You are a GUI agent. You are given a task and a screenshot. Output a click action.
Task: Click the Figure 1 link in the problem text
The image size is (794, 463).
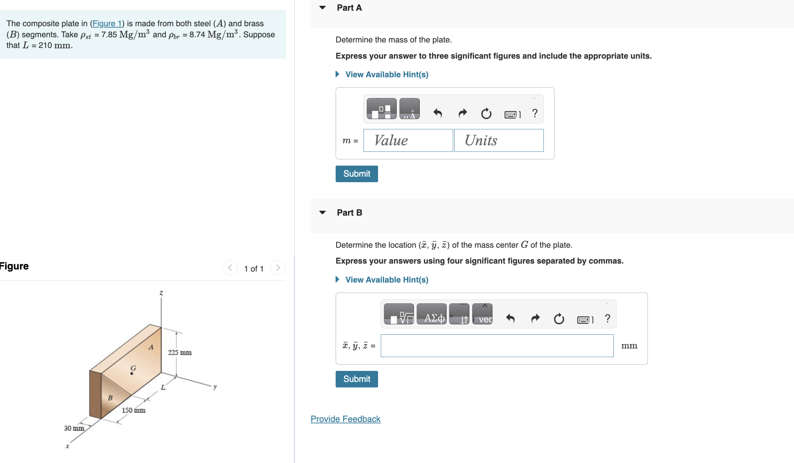pos(107,23)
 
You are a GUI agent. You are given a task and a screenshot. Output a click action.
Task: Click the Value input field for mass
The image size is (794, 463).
pos(408,140)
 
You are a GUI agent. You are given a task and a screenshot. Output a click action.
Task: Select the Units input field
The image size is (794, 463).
pos(499,140)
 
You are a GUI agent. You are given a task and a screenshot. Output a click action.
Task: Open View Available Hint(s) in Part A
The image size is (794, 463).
pos(386,75)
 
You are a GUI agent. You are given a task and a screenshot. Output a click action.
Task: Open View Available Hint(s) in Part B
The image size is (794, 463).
pos(386,280)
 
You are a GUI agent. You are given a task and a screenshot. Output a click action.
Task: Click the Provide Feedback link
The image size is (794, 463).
pos(345,419)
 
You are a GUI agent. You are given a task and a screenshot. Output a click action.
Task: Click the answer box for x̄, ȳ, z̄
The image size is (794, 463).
pos(497,346)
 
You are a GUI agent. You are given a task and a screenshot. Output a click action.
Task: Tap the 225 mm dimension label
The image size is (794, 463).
pos(180,353)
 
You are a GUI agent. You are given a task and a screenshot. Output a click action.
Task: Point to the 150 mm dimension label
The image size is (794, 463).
pos(133,410)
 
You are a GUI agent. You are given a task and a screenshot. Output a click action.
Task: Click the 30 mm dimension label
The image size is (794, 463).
pos(74,428)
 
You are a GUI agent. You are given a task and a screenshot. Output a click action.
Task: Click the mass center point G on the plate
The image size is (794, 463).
pos(132,373)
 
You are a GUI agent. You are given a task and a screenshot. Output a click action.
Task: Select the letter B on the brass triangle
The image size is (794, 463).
pos(110,398)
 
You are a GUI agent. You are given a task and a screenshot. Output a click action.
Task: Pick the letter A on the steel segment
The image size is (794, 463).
pos(151,347)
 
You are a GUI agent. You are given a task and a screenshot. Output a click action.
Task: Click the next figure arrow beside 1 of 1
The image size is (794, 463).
pos(278,268)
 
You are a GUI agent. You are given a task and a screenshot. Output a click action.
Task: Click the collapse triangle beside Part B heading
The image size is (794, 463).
pos(322,213)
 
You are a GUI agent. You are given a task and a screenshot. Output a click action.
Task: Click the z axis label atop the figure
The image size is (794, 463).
pos(161,293)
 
